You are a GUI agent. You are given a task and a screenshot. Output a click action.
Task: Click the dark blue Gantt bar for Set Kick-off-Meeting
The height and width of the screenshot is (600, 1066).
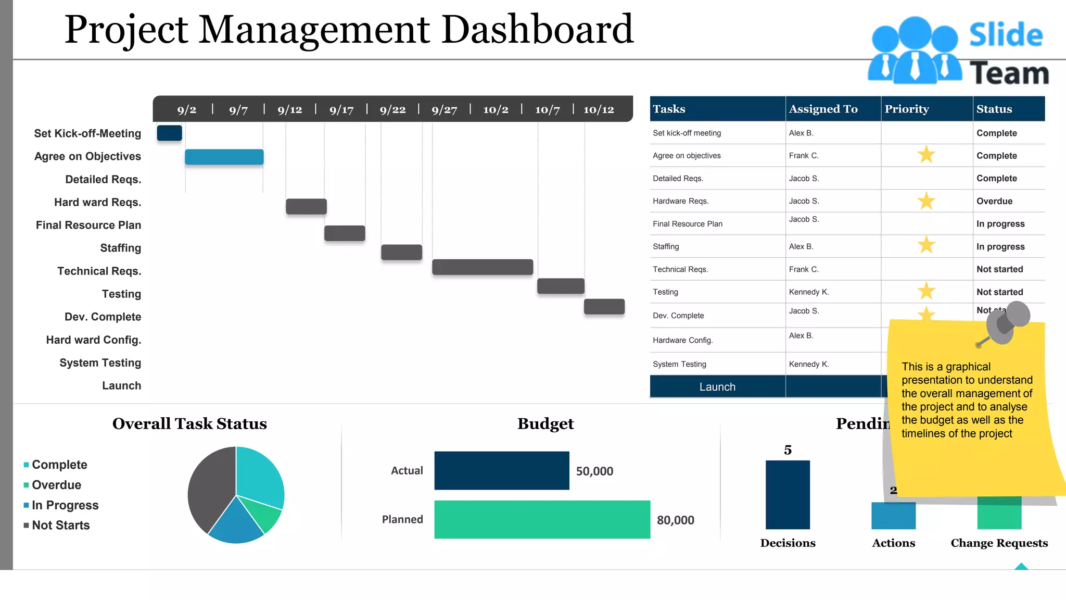169,133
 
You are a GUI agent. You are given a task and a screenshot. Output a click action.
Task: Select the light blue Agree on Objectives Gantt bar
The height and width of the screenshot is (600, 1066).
224,157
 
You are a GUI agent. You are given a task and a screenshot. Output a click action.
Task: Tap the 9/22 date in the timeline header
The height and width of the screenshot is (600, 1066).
392,110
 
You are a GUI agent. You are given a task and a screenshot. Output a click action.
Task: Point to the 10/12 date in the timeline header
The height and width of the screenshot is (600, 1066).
599,110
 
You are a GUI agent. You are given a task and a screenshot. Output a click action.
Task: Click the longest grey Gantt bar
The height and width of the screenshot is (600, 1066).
482,267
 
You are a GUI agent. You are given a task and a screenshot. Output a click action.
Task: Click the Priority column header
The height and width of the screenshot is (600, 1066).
907,109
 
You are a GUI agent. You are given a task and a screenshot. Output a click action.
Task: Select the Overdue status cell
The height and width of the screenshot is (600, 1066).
994,201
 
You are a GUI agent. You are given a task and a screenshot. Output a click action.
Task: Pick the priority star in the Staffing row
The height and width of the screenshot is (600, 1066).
926,245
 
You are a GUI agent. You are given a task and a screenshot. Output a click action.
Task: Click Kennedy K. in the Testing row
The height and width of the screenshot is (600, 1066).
808,292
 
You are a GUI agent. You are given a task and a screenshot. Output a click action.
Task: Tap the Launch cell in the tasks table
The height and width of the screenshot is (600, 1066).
717,387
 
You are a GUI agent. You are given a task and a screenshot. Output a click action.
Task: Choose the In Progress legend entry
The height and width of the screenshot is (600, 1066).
65,505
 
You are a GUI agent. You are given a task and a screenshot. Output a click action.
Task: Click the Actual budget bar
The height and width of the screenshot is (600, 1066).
501,470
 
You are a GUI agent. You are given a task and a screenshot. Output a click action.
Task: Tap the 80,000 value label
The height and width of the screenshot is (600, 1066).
675,520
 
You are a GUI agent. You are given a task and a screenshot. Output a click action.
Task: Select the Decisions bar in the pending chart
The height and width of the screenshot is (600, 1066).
787,494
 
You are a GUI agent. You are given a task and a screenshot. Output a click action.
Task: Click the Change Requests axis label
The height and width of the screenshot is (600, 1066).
999,543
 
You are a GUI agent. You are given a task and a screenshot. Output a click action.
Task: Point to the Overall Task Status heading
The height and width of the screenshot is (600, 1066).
189,423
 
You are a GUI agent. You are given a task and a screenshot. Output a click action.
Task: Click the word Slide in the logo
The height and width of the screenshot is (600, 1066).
1006,35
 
